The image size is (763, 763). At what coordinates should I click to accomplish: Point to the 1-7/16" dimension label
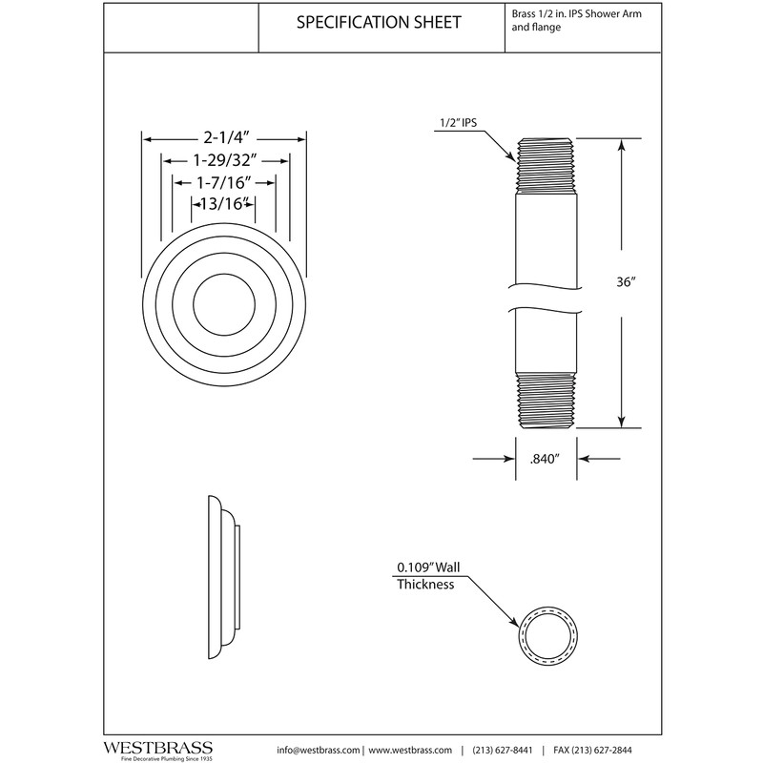tap(224, 181)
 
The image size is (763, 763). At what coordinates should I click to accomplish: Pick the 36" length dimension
tap(625, 283)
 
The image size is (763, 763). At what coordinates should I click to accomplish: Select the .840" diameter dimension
tap(543, 459)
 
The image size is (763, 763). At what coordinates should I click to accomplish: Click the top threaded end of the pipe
tap(547, 163)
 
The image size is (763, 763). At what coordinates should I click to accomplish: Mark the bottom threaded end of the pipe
tap(547, 400)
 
